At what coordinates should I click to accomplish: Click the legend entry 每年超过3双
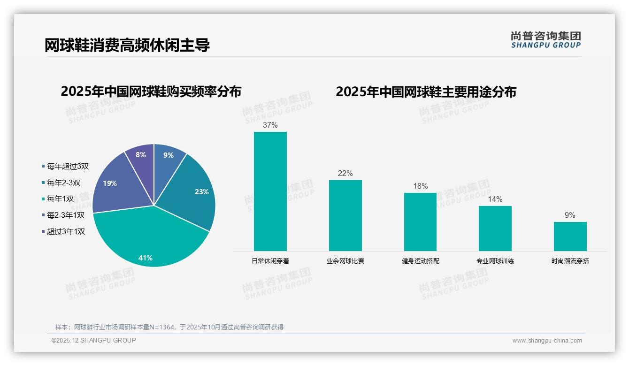click(68, 166)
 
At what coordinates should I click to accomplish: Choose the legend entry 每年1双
click(60, 199)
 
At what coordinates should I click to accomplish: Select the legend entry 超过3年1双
click(66, 231)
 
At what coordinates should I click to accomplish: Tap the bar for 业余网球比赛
click(345, 215)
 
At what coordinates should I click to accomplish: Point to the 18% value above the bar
click(420, 186)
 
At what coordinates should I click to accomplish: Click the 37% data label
click(270, 125)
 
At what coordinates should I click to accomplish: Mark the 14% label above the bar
click(495, 199)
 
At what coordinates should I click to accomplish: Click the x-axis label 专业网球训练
click(495, 261)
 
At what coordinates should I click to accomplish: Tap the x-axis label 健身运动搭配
click(420, 261)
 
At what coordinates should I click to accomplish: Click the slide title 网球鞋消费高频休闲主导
click(127, 46)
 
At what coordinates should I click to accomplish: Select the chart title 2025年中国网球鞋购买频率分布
click(151, 91)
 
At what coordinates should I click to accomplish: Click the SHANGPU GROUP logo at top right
click(545, 40)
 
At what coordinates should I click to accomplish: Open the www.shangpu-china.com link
click(547, 341)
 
